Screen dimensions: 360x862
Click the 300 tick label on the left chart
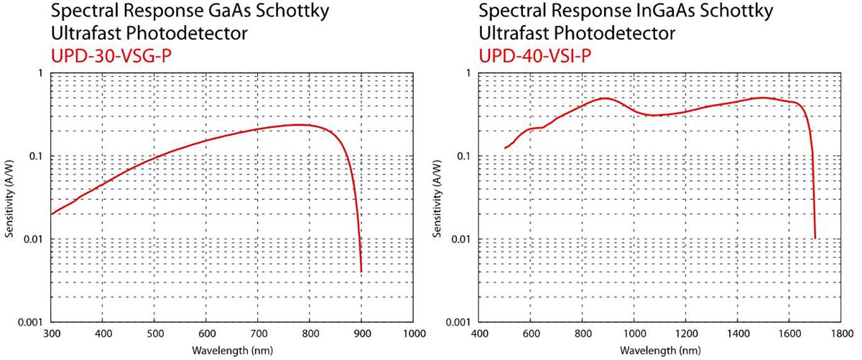pos(51,334)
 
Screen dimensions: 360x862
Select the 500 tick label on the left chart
pos(154,334)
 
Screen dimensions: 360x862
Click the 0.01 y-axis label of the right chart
pos(464,239)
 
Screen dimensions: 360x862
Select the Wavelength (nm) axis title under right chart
pos(659,350)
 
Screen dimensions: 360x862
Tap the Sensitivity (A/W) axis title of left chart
pos(11,198)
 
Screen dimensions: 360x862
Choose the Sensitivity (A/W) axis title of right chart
pos(438,198)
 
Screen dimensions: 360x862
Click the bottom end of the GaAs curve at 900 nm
pos(361,271)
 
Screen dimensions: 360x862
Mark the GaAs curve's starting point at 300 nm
pos(52,214)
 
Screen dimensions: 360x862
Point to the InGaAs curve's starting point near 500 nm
pos(505,148)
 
